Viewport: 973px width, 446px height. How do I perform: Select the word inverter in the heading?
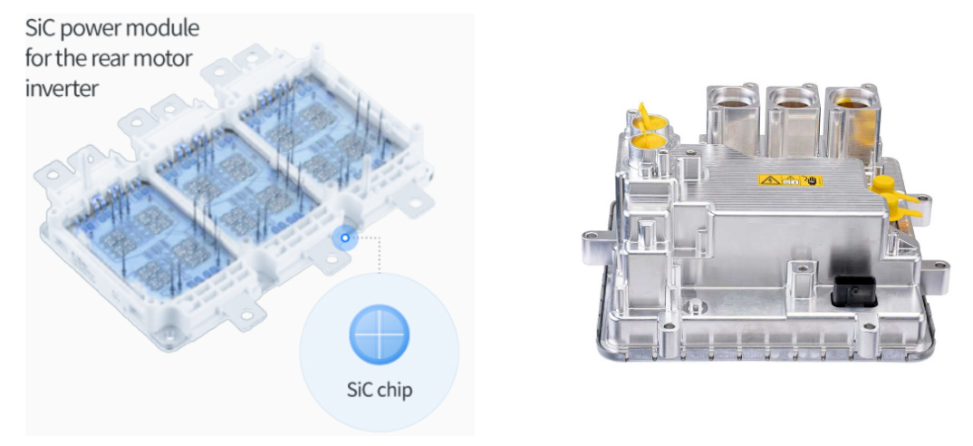click(x=62, y=88)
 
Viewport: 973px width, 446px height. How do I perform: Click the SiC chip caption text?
click(x=380, y=390)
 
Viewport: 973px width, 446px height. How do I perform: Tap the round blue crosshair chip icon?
click(x=380, y=334)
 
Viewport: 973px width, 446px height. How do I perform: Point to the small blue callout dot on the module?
click(x=345, y=238)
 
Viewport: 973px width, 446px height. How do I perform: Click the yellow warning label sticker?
click(x=790, y=180)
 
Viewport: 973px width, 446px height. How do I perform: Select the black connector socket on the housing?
click(x=853, y=291)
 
